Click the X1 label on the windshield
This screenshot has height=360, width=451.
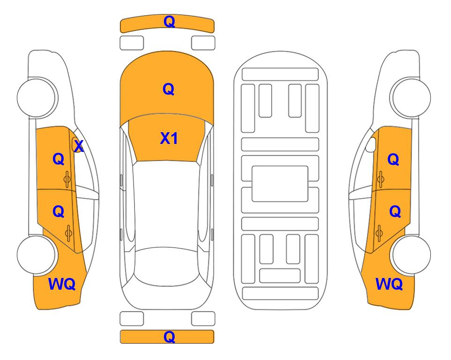[x=169, y=138]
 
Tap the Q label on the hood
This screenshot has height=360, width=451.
[x=169, y=89]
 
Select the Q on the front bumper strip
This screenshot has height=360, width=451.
[x=169, y=21]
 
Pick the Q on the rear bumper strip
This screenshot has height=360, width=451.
[x=169, y=337]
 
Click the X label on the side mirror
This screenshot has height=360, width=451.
[x=79, y=146]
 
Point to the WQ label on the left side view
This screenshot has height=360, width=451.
[x=62, y=284]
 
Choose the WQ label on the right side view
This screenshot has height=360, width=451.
[x=389, y=284]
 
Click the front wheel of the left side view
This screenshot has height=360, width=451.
[x=37, y=98]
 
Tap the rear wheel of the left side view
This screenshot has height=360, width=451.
[x=37, y=255]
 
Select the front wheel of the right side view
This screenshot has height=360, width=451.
[x=411, y=98]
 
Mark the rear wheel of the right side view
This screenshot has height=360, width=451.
[x=411, y=255]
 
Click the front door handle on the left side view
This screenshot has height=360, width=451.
[x=67, y=179]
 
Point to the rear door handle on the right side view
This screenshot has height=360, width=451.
[x=379, y=233]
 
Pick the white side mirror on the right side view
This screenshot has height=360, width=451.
[x=370, y=145]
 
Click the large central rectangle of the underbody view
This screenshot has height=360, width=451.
[x=280, y=184]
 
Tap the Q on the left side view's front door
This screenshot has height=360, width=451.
[x=59, y=159]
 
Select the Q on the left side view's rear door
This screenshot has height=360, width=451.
[x=59, y=212]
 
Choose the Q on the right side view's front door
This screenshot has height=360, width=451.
[x=393, y=159]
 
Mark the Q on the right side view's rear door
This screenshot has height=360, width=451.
[x=395, y=212]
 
